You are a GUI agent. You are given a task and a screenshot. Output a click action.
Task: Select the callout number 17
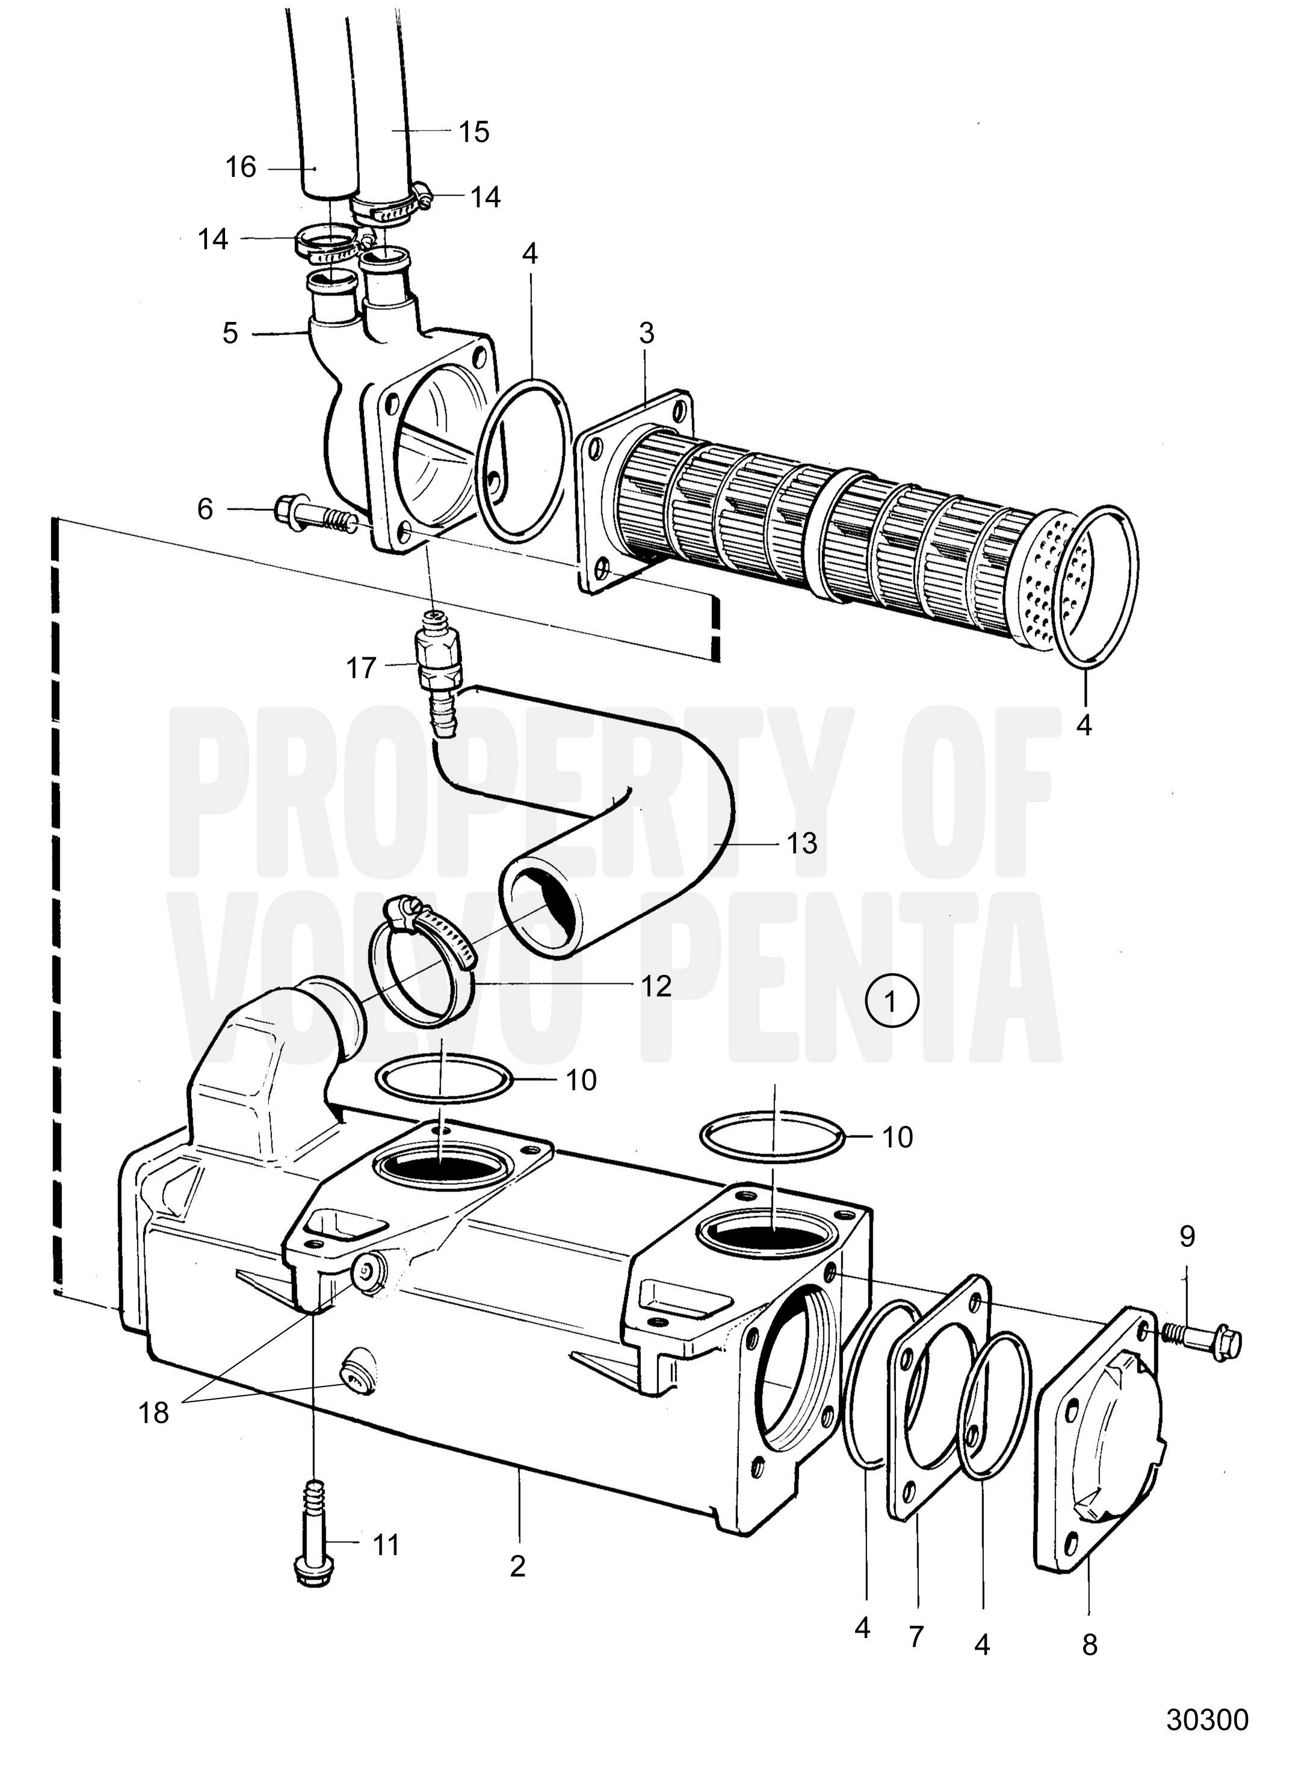point(362,668)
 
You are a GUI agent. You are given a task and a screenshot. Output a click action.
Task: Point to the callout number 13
point(802,843)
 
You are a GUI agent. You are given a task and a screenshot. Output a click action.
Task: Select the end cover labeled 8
point(1097,1445)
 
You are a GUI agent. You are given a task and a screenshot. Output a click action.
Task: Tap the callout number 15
point(474,132)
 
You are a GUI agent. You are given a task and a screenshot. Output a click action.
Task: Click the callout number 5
point(230,333)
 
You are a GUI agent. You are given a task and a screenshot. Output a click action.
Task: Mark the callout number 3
point(646,333)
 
